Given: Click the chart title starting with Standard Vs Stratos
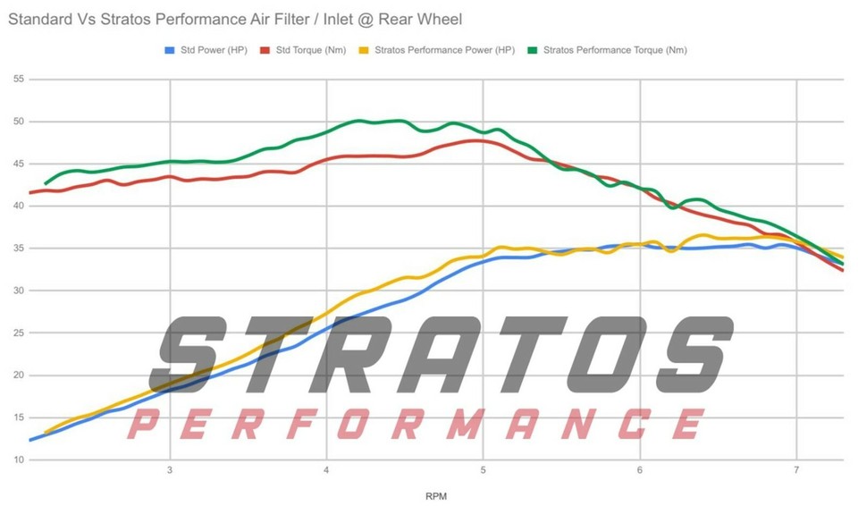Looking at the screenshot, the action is point(235,19).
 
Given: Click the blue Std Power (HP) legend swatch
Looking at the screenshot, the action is point(170,50).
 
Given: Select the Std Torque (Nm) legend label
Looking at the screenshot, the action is point(311,50).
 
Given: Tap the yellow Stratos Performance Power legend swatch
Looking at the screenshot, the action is point(364,50).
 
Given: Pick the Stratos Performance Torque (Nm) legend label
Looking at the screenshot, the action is point(615,50).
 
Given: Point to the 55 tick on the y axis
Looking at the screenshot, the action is point(19,80).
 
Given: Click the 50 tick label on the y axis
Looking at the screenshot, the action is point(19,122).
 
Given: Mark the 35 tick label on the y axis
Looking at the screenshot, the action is point(19,249).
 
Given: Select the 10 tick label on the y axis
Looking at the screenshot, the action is point(19,460).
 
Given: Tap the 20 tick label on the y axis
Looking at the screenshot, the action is point(19,375).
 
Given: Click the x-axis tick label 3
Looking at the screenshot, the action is point(170,470).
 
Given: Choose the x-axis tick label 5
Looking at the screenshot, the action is point(484,470).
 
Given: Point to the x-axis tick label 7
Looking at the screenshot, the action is point(796,470).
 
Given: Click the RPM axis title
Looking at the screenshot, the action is point(436,496).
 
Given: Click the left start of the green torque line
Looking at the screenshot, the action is point(46,183).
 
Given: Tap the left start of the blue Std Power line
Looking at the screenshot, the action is point(30,440).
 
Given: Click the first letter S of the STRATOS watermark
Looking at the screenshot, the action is point(188,354).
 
